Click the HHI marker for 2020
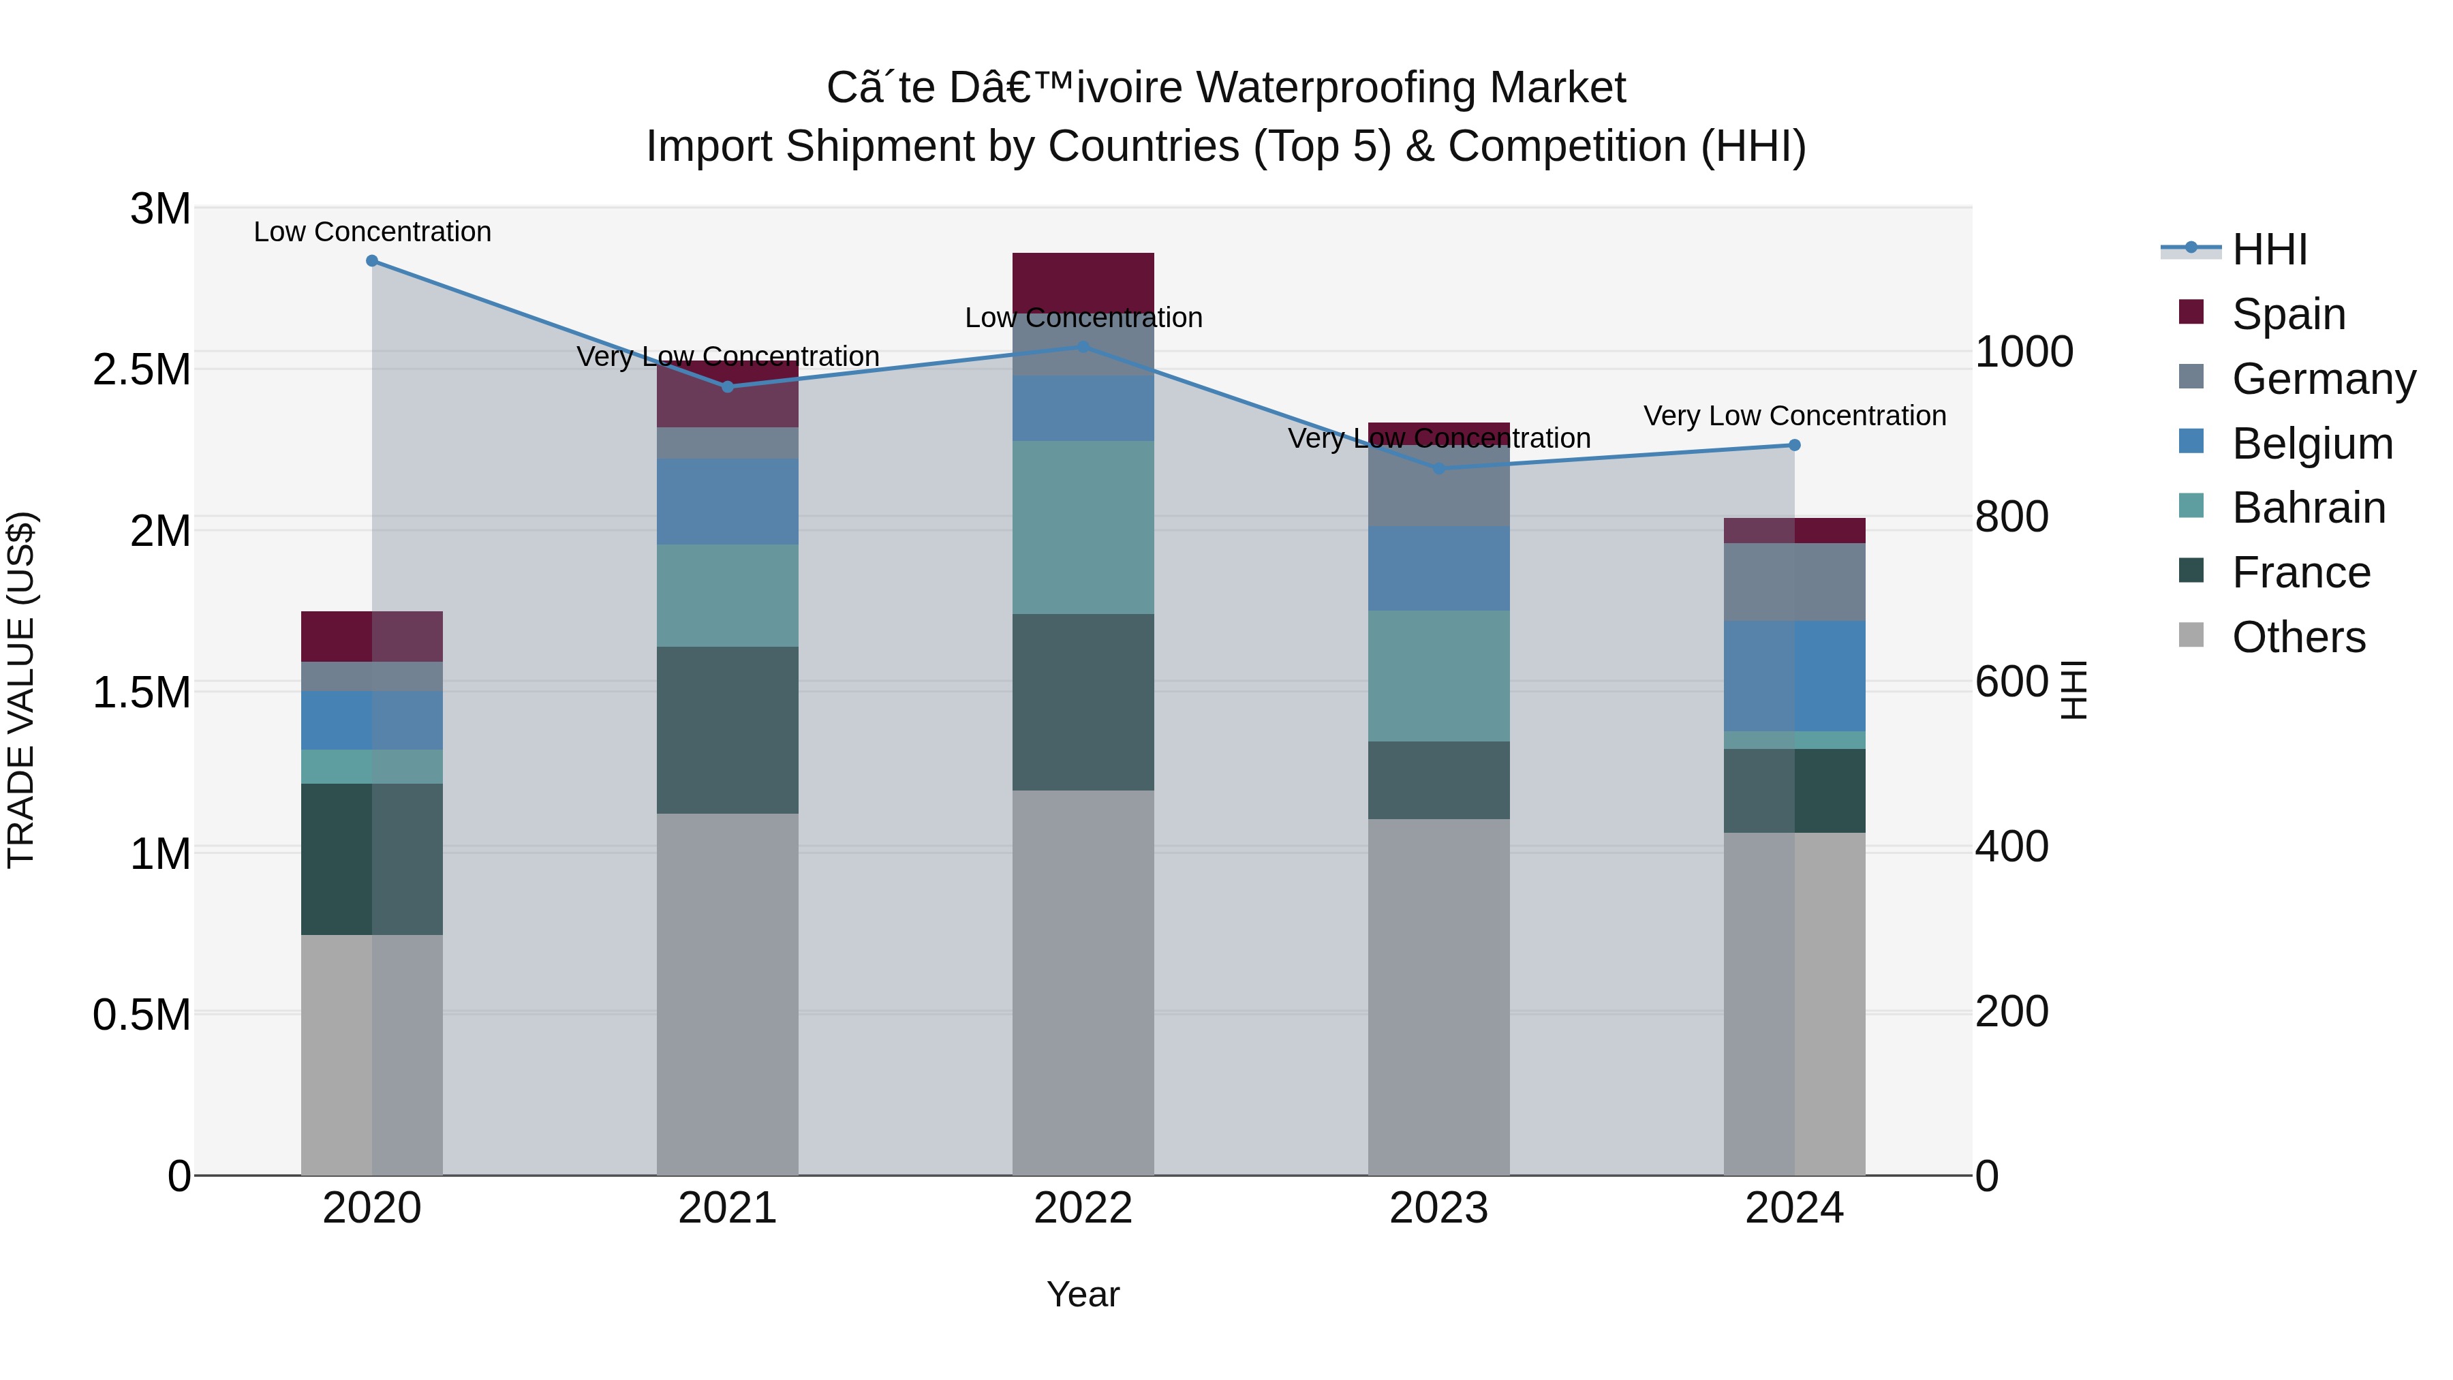coord(372,261)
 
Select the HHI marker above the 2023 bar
coord(1439,469)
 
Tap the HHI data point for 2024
coord(1794,445)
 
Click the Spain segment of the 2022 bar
coord(1083,282)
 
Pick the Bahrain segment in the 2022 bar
coord(1083,527)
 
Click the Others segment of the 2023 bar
coord(1439,996)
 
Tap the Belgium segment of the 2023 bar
coord(1439,568)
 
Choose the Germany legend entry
coord(2323,379)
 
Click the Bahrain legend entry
coord(2309,508)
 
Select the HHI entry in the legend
coord(2269,249)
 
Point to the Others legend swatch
coord(2191,635)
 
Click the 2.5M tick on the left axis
coord(142,369)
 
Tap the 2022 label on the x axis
coord(1083,1208)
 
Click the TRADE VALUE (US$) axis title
coord(21,690)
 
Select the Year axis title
coord(1083,1294)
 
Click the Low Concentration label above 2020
coord(372,232)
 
